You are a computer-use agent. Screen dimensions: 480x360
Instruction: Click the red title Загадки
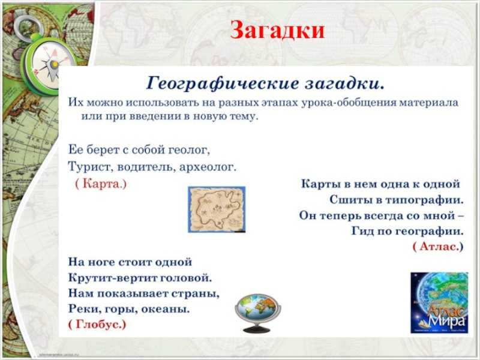coord(277,30)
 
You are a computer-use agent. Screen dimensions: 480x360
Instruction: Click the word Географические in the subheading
coord(222,83)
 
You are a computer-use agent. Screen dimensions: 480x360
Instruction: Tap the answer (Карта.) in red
coord(101,184)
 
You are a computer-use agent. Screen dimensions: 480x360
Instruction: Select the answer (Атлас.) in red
coord(438,246)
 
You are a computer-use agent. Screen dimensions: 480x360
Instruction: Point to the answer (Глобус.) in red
coord(97,324)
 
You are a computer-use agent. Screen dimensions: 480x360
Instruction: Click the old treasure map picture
coord(217,209)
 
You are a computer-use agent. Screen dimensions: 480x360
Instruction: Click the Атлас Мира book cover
coord(439,302)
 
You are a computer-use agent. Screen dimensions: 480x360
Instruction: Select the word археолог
coord(208,167)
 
